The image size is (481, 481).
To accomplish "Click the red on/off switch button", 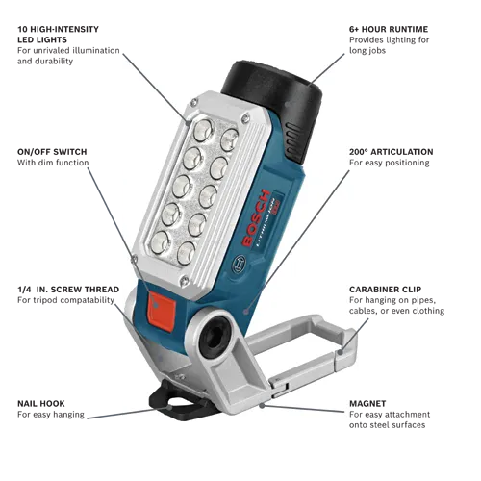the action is tap(162, 312).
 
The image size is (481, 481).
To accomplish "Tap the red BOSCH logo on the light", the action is tap(256, 218).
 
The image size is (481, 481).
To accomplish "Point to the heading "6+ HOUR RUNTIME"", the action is tap(389, 29).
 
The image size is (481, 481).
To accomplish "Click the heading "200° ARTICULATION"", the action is tap(392, 152).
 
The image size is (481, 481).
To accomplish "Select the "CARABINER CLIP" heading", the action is tap(385, 290).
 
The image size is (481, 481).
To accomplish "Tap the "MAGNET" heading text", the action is tap(367, 404).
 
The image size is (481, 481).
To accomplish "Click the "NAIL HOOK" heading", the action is tap(41, 404).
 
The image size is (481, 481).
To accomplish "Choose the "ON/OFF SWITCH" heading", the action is tap(52, 152).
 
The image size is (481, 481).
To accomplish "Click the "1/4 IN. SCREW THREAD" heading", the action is tap(68, 290).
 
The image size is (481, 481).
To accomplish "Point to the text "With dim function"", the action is tap(53, 163).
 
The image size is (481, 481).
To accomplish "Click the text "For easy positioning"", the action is tap(390, 163).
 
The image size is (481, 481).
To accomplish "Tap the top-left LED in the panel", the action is tap(203, 131).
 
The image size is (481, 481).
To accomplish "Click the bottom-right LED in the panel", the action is tap(187, 253).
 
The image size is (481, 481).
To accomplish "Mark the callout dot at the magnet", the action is tap(262, 406).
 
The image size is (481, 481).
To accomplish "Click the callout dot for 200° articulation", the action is tap(246, 311).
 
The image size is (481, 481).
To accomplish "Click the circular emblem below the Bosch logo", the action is tap(239, 264).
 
